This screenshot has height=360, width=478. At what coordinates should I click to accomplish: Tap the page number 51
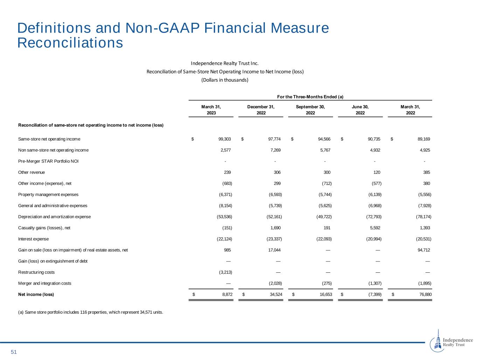click(x=14, y=352)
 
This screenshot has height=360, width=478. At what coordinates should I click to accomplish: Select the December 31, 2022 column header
click(x=261, y=110)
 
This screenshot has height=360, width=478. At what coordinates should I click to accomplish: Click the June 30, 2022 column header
click(x=360, y=110)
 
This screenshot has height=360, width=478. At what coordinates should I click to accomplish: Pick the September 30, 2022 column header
click(x=310, y=110)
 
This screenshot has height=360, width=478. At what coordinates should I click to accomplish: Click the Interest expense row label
click(x=33, y=239)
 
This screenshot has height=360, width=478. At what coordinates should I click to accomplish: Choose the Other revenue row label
click(x=32, y=172)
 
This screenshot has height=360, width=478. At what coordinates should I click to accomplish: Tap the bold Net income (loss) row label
click(x=36, y=294)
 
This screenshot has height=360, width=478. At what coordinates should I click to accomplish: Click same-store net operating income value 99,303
click(x=224, y=139)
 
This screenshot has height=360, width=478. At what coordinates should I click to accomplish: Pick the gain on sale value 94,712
click(x=424, y=250)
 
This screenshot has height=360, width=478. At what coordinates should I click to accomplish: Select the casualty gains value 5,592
click(x=374, y=228)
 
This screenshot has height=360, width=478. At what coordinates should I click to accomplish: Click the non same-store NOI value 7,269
click(x=275, y=150)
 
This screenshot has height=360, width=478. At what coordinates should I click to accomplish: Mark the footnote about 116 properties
click(x=90, y=312)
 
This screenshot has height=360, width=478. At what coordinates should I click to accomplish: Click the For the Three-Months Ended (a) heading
click(x=310, y=97)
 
